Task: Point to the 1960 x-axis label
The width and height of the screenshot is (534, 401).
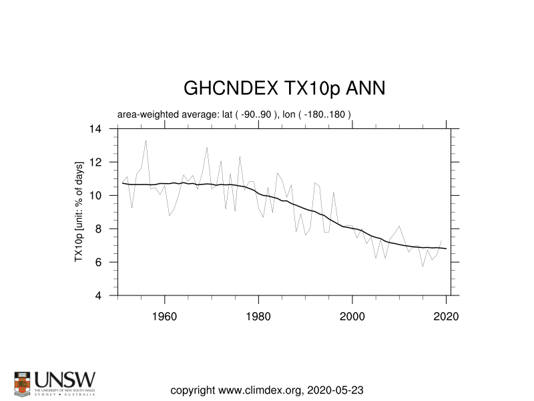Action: point(164,316)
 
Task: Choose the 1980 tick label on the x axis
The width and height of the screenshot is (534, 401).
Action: point(258,316)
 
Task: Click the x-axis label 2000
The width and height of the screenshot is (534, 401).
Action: point(352,316)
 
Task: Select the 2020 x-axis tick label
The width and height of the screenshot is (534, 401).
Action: point(446,316)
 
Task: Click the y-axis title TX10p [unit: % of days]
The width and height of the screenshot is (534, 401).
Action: point(79,212)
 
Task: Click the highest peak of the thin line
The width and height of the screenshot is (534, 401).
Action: point(146,140)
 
